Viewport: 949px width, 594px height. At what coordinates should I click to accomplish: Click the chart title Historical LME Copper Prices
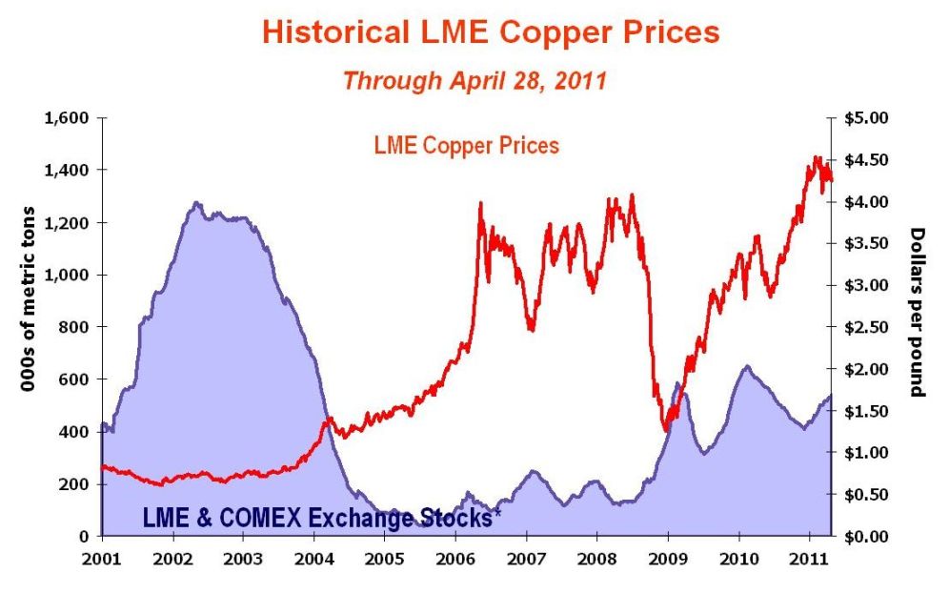coord(491,32)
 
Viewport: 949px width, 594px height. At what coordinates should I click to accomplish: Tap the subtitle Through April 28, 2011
coord(474,80)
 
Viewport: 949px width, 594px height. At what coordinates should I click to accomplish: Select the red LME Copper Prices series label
coord(466,146)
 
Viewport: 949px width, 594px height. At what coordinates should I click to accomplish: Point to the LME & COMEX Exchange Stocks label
coord(322,517)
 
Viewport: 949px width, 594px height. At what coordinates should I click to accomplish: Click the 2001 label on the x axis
coord(102,557)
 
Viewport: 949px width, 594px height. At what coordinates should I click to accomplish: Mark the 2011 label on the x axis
coord(810,557)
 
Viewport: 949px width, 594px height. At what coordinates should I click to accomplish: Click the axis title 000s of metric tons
coord(29,298)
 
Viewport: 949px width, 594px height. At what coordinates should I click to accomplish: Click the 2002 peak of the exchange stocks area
coord(196,202)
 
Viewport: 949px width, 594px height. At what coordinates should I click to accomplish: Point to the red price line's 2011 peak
coord(816,157)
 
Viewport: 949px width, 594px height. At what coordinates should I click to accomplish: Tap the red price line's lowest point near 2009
coord(666,431)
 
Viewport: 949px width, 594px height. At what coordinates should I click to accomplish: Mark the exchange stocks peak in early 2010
coord(747,365)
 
